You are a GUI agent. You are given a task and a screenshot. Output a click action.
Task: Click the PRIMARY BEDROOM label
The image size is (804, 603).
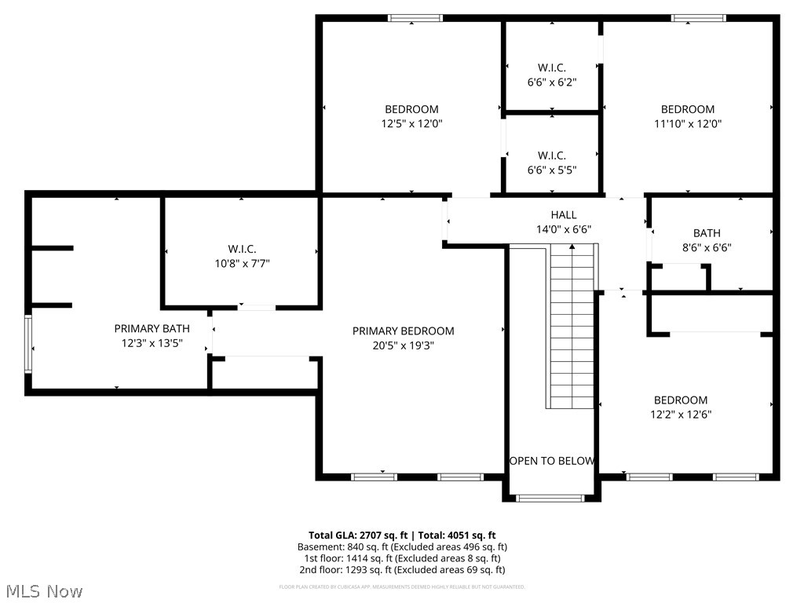click(x=403, y=331)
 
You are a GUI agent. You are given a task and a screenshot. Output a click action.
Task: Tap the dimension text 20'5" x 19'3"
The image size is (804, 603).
click(x=403, y=345)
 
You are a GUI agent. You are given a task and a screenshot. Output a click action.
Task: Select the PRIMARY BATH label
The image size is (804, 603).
click(x=152, y=329)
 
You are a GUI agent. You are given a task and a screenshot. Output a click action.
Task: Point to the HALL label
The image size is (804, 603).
click(x=563, y=215)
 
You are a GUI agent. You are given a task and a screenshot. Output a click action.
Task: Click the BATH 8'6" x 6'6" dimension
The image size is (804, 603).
click(x=707, y=247)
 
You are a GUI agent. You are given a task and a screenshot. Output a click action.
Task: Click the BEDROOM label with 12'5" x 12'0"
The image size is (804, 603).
click(x=411, y=109)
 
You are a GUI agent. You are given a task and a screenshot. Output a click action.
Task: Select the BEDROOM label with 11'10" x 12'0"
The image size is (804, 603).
click(x=688, y=109)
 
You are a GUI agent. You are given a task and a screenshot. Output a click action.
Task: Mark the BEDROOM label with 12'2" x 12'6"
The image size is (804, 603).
click(x=681, y=400)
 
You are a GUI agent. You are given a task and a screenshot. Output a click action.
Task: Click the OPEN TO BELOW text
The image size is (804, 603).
click(x=552, y=461)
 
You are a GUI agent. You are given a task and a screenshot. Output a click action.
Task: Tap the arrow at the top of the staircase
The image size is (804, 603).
click(x=572, y=248)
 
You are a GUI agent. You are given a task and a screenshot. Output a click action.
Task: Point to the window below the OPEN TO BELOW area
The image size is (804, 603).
click(x=550, y=497)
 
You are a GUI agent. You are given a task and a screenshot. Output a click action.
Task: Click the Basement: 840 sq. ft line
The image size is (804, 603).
click(x=402, y=546)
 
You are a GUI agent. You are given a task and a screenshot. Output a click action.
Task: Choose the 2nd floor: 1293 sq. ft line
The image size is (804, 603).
click(x=402, y=570)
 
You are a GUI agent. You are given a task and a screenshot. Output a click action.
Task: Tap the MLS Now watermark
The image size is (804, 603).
click(x=43, y=590)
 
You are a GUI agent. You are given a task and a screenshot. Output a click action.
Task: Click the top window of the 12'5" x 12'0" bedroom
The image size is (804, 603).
click(x=415, y=18)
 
